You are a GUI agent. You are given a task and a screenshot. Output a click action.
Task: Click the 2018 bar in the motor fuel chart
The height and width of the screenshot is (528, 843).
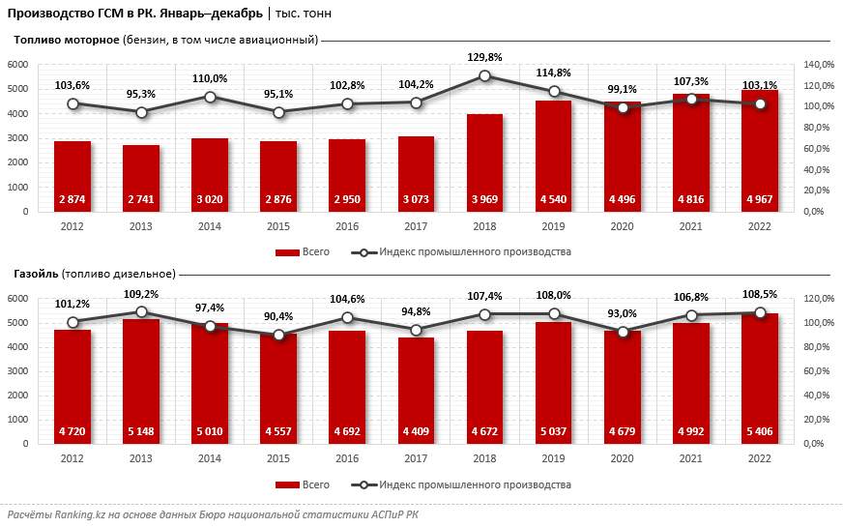tap(484, 160)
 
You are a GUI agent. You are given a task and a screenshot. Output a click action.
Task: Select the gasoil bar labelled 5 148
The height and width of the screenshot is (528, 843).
tap(141, 377)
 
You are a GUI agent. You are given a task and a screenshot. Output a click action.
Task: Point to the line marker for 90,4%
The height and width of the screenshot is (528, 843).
tap(278, 335)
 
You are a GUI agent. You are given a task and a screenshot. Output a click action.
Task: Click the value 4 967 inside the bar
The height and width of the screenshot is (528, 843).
tap(759, 200)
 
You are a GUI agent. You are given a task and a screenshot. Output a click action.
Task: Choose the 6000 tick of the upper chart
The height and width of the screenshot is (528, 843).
tap(19, 65)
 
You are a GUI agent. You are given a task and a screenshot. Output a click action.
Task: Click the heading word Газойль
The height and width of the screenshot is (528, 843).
tap(36, 274)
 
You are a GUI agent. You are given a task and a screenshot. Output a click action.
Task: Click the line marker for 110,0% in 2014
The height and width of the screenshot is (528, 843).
tap(210, 97)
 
